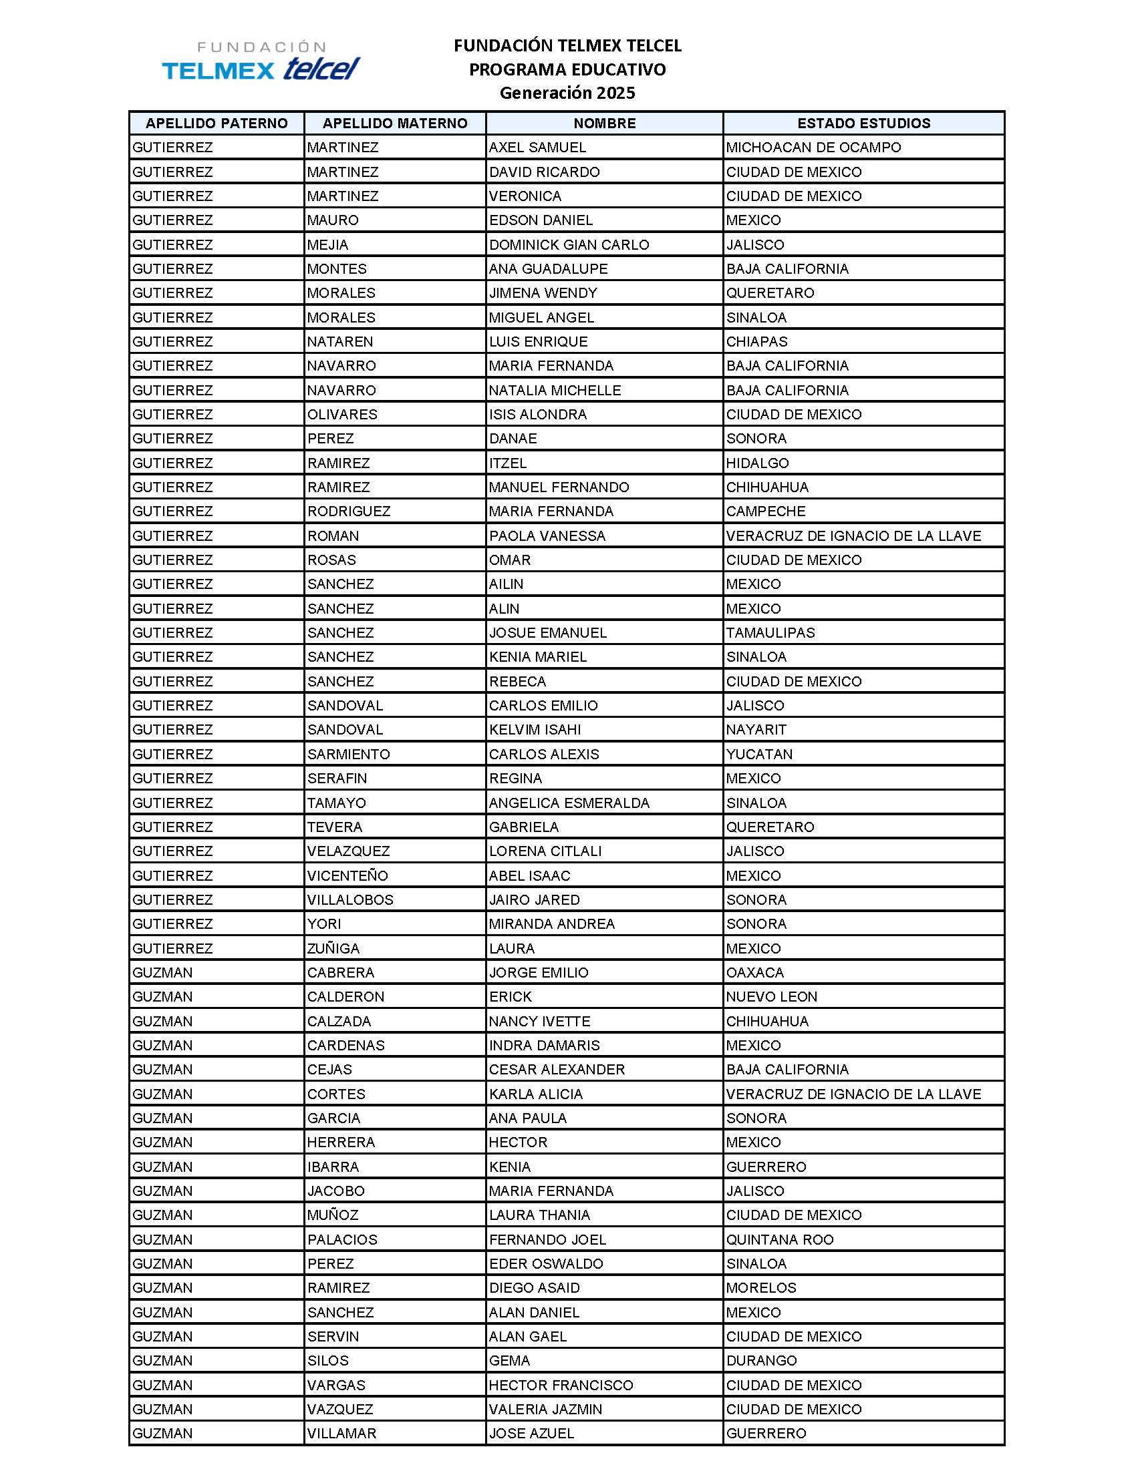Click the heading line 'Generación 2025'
click(x=567, y=93)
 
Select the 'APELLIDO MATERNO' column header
click(x=395, y=123)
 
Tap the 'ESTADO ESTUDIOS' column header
click(x=863, y=123)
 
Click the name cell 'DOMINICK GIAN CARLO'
click(x=569, y=245)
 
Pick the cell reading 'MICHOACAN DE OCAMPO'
click(x=813, y=148)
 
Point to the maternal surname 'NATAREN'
click(x=340, y=342)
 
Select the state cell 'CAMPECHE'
click(x=765, y=511)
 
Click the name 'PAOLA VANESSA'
click(x=547, y=536)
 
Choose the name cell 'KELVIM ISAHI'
click(x=535, y=730)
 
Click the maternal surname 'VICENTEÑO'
click(x=347, y=876)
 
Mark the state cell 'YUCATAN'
click(x=759, y=755)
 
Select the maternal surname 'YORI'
click(x=324, y=924)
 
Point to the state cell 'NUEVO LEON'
click(x=771, y=997)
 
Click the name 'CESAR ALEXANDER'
click(x=557, y=1070)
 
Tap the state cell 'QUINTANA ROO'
click(x=779, y=1240)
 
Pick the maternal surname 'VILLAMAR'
click(x=342, y=1434)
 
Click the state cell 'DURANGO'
click(x=761, y=1361)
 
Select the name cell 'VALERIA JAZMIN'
click(x=545, y=1409)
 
